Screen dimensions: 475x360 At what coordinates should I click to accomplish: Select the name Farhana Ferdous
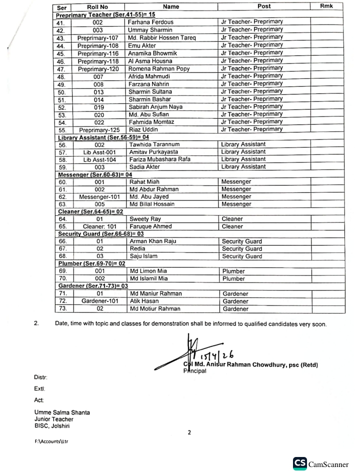[152, 22]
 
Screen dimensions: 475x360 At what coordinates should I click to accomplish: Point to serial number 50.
[62, 92]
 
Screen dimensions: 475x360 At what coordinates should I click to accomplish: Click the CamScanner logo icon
[300, 463]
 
